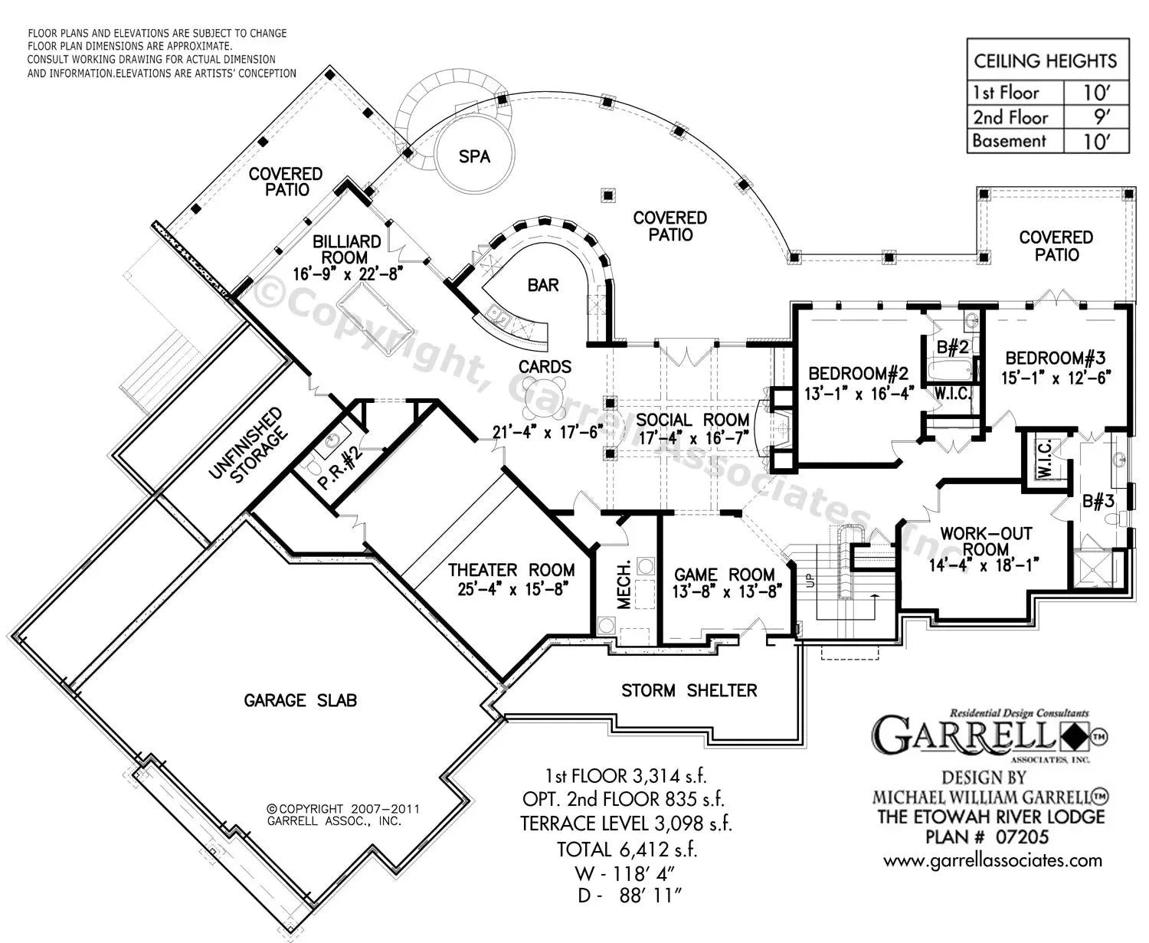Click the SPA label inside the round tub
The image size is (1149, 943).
click(x=474, y=156)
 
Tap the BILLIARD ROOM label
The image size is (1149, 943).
click(x=346, y=250)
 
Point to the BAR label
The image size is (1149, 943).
click(x=543, y=285)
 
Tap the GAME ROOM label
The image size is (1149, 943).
click(x=724, y=575)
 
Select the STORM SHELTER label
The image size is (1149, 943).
click(x=689, y=691)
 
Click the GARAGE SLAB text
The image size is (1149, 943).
click(x=300, y=700)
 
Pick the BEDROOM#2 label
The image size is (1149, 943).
click(x=858, y=374)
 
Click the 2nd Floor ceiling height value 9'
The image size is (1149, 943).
click(x=1096, y=117)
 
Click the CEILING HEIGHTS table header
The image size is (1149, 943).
click(x=1046, y=61)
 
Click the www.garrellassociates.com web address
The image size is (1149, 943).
click(x=993, y=860)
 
